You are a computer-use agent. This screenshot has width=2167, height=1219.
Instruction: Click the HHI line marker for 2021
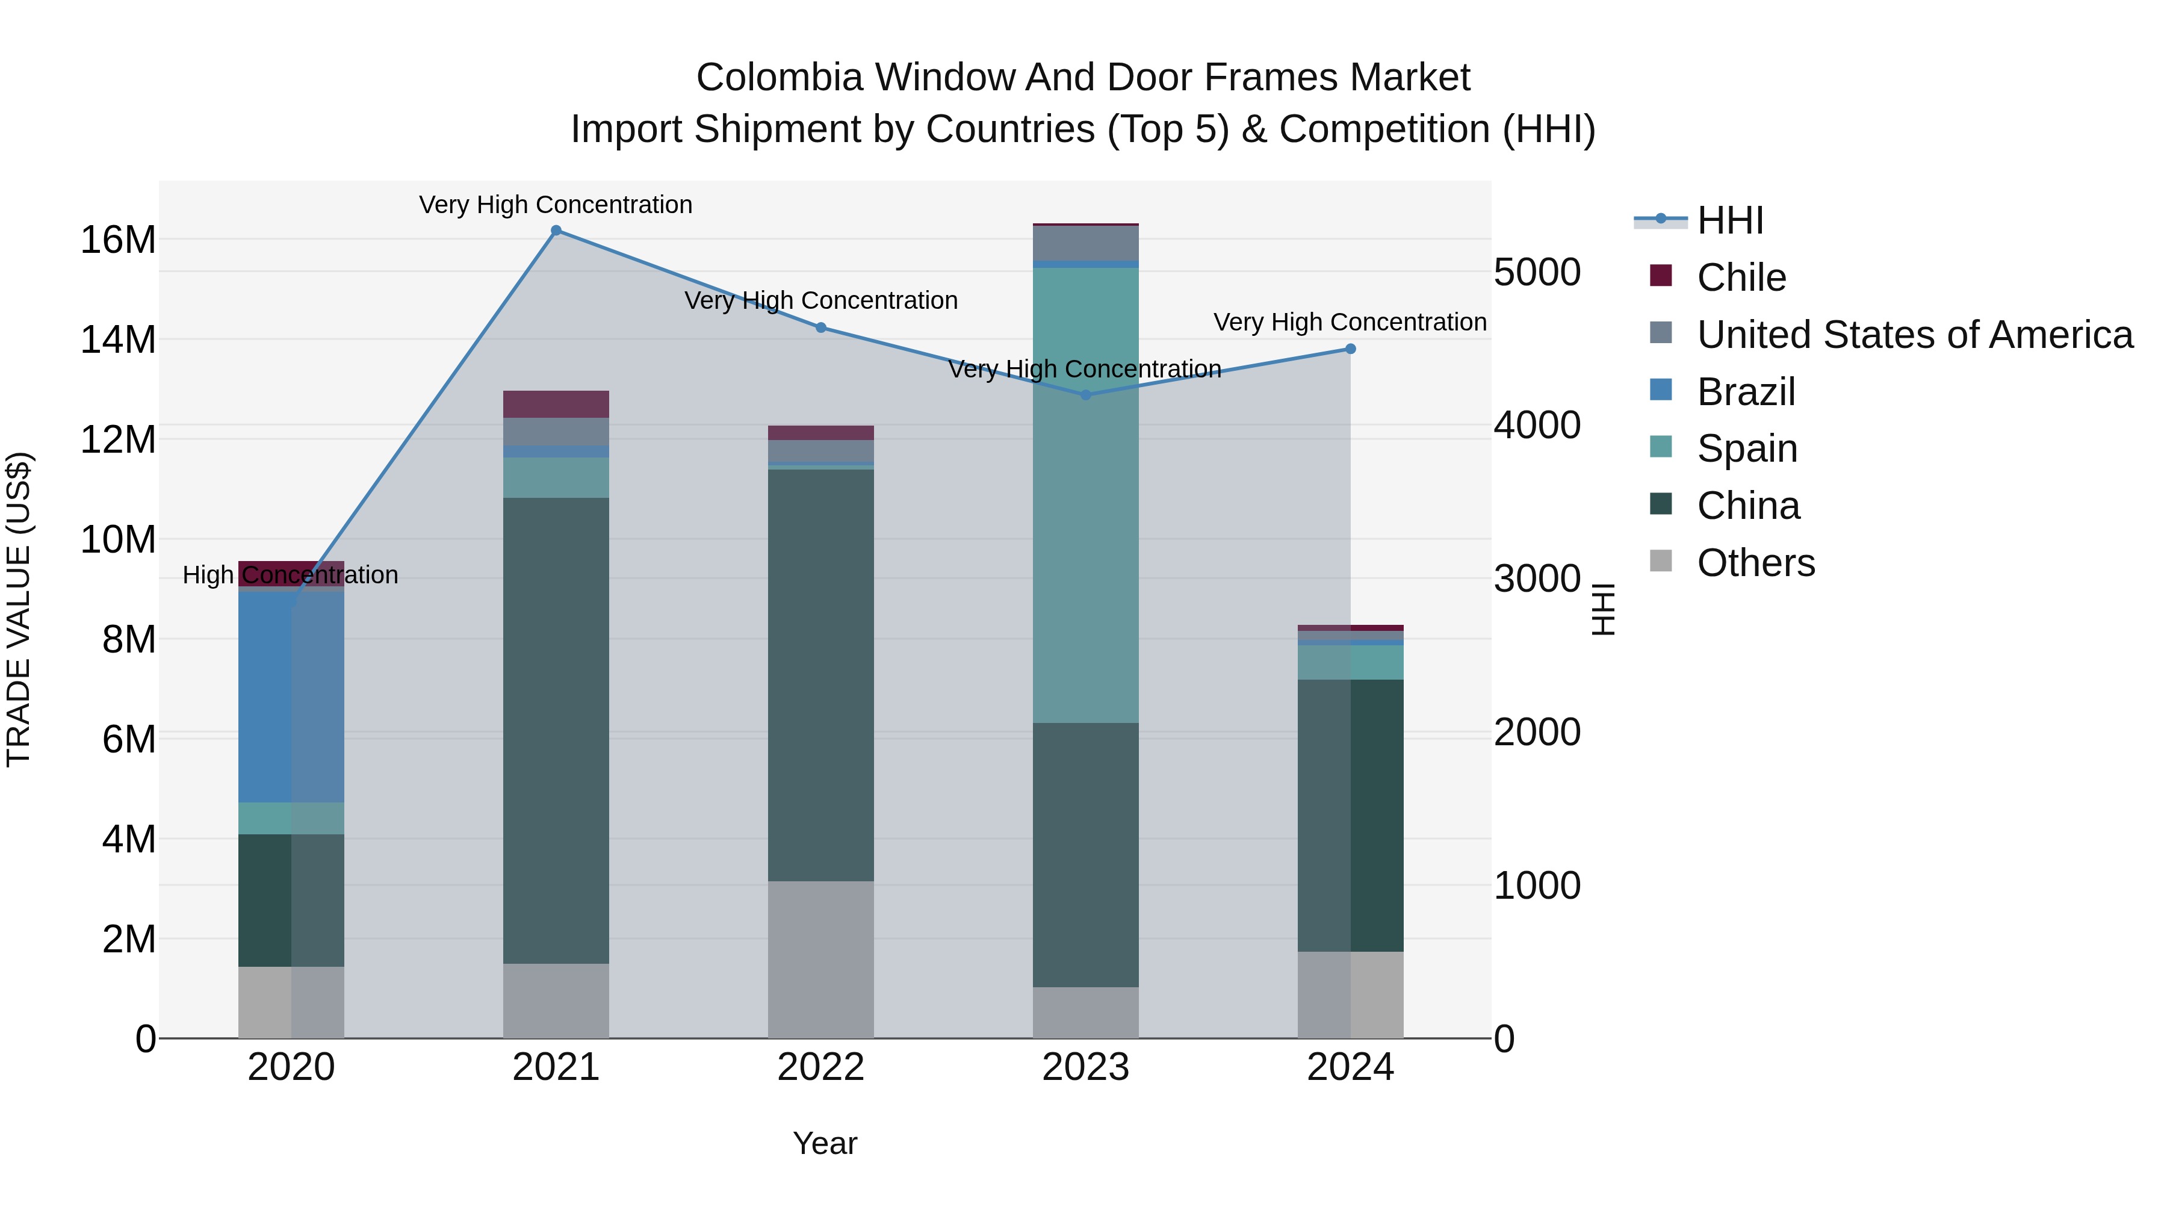556,231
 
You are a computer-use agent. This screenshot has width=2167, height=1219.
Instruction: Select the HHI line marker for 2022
821,328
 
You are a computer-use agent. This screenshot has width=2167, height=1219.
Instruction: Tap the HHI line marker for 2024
1350,349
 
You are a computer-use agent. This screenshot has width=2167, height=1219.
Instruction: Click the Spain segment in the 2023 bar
1085,497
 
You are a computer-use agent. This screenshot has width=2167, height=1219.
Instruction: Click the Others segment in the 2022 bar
821,959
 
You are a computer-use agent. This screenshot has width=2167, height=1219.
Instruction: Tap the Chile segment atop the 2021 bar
556,405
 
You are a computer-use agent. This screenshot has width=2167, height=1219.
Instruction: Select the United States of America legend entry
1914,335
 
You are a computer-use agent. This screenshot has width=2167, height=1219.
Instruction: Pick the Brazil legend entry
1746,392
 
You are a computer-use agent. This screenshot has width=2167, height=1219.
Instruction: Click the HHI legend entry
1729,220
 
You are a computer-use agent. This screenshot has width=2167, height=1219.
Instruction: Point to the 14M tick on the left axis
118,340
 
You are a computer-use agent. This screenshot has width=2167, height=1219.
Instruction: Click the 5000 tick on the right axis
1537,273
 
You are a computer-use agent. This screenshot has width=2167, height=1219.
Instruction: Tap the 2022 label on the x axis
821,1067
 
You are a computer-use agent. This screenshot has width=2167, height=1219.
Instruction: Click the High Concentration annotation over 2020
290,575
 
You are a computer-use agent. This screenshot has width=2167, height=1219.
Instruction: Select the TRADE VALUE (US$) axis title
19,609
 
